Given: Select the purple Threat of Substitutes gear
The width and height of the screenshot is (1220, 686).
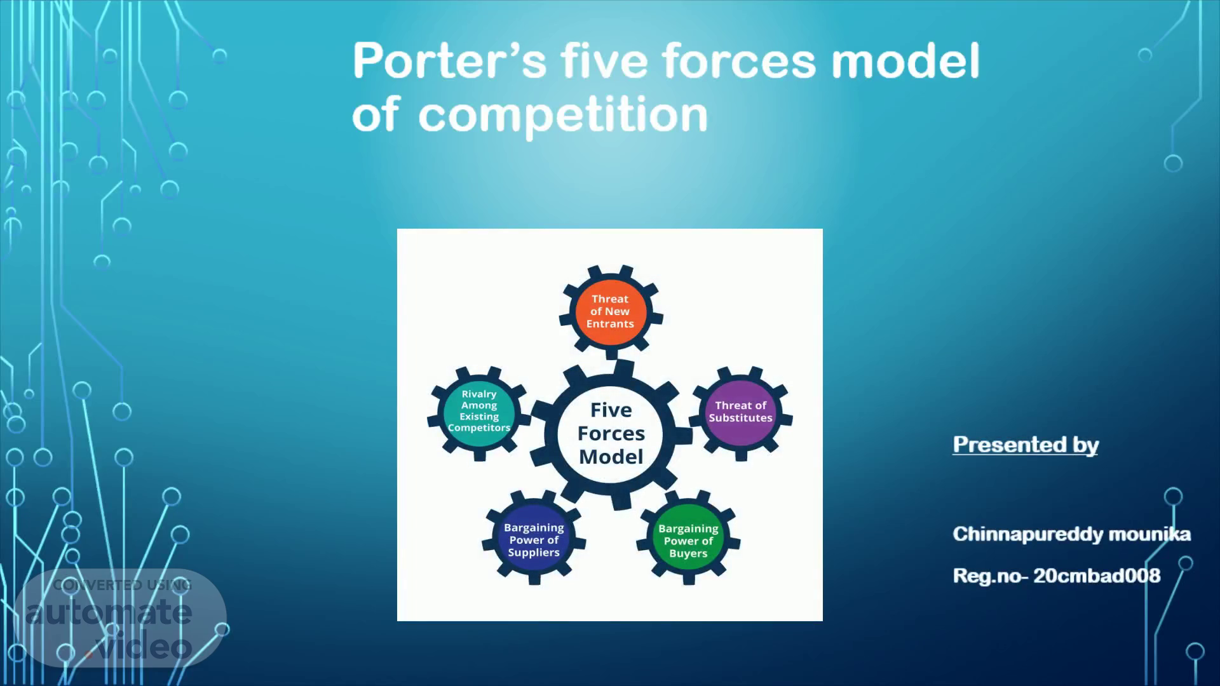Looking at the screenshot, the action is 741,412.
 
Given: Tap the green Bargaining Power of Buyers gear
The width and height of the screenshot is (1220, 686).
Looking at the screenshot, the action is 689,540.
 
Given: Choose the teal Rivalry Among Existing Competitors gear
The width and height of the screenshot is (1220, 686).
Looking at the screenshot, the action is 479,412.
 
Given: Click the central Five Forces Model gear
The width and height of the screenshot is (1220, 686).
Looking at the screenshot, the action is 611,434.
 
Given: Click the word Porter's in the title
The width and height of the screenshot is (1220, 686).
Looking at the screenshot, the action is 449,61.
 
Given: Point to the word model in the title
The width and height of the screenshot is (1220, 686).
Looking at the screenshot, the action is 905,61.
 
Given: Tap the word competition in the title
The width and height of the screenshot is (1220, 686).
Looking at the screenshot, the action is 563,115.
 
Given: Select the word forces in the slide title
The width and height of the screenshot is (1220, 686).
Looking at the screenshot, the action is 739,61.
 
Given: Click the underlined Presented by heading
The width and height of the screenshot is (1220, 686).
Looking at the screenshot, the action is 1026,445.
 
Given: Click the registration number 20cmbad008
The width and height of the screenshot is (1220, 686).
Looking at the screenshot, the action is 1097,576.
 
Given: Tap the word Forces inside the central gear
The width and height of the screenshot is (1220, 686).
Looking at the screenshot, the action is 611,434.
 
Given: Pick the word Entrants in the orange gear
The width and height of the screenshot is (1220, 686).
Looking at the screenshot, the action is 610,324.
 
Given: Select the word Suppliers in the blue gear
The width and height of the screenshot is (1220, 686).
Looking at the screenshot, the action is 534,553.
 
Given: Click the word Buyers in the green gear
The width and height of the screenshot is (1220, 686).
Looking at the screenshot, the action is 688,554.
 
